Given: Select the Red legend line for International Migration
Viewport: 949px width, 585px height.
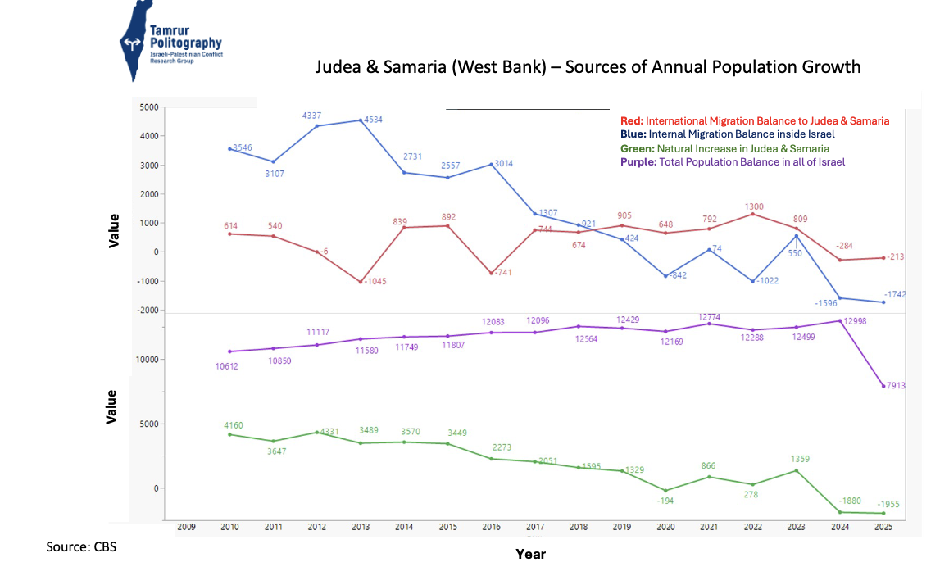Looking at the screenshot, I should click(754, 120).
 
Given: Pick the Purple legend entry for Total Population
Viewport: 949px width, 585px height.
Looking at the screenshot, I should click(732, 162).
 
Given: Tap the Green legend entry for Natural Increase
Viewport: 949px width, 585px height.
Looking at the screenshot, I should click(724, 148).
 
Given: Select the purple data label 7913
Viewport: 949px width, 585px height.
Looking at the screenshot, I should click(896, 385).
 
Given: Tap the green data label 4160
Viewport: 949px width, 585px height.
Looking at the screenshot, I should click(233, 425).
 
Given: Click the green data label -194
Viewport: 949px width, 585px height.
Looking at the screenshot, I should click(665, 500).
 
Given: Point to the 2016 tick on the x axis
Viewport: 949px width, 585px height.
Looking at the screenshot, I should click(492, 527).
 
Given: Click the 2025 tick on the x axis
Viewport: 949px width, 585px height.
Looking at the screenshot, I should click(883, 527).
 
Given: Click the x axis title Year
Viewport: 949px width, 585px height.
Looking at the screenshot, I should click(530, 554).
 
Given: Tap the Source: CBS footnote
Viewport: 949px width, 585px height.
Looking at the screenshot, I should click(81, 546).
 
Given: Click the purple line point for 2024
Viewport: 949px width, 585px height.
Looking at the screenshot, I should click(839, 320).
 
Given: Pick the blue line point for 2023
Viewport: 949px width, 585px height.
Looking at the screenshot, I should click(796, 236).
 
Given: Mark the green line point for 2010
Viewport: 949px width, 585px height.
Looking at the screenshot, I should click(230, 434).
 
